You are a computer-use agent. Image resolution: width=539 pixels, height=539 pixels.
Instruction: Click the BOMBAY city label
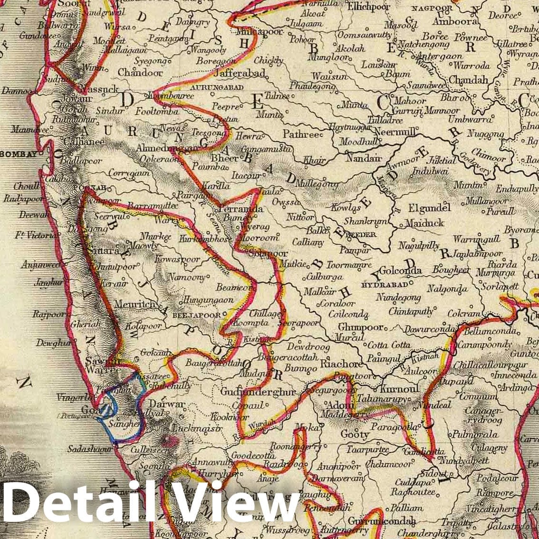pos(19,154)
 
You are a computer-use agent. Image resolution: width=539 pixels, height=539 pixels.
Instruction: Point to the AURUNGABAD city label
pos(217,87)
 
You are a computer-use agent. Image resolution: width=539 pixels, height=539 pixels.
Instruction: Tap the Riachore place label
pos(341,364)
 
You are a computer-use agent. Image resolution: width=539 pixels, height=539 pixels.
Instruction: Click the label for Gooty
pos(355,434)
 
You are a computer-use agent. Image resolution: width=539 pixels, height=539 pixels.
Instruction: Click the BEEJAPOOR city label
pos(196,315)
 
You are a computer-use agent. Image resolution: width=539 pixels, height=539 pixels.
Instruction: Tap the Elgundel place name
pos(429,208)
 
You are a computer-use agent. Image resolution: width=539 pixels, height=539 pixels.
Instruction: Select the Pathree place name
pos(300,135)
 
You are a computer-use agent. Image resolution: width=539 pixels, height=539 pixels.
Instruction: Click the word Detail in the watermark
pos(71,502)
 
